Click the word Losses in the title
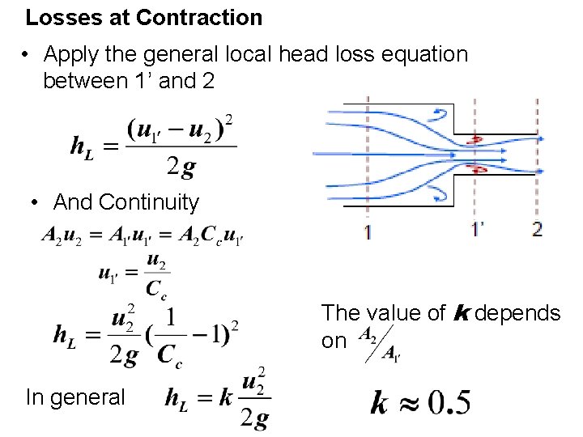(x=57, y=17)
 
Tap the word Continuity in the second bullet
(x=148, y=202)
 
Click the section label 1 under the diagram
(x=369, y=231)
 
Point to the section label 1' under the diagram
(x=479, y=230)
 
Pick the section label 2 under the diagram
(x=537, y=230)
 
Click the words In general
(x=75, y=397)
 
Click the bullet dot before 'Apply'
(x=27, y=55)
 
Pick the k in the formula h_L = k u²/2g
(x=226, y=397)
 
